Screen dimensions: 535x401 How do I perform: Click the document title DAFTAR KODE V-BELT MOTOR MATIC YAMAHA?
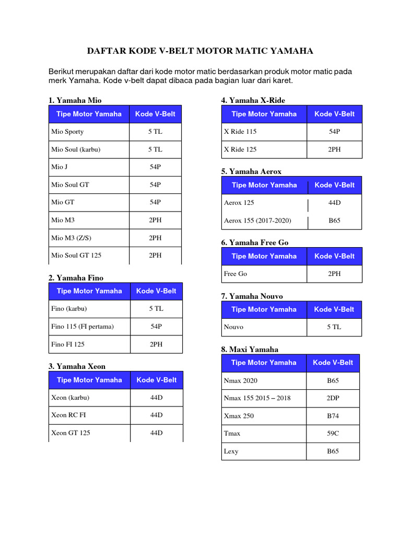tap(200, 51)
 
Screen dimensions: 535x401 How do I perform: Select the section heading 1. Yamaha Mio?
tap(75, 100)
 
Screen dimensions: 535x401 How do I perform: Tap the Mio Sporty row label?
tap(67, 132)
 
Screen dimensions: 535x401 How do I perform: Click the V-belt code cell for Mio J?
tap(155, 167)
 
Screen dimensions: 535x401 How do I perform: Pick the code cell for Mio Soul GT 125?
tap(155, 255)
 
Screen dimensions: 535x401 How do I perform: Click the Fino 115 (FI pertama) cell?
tap(82, 327)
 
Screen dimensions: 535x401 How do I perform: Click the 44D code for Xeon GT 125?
tap(156, 433)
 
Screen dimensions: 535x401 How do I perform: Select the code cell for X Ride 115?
tap(335, 132)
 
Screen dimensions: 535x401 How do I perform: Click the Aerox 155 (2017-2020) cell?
tap(257, 220)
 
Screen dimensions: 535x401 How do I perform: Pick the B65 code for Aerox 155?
tap(335, 220)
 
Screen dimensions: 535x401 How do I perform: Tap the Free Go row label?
tap(235, 274)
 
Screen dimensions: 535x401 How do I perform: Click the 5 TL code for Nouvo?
tap(334, 327)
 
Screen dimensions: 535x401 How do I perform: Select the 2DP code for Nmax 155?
tap(333, 398)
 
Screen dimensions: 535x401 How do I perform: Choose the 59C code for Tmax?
tap(333, 433)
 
